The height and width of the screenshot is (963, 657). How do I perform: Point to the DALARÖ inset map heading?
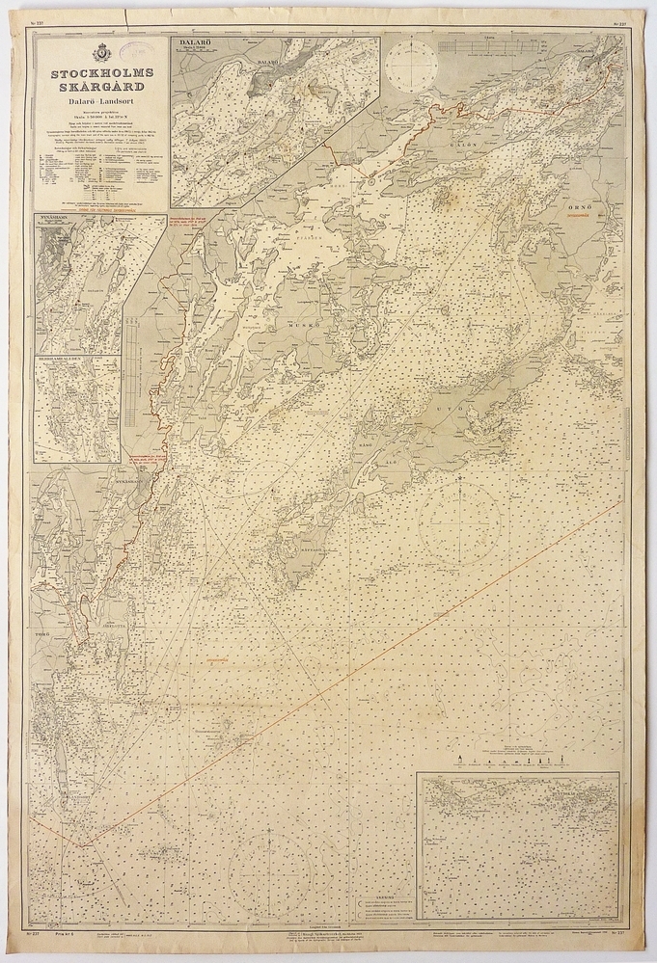click(x=194, y=44)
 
